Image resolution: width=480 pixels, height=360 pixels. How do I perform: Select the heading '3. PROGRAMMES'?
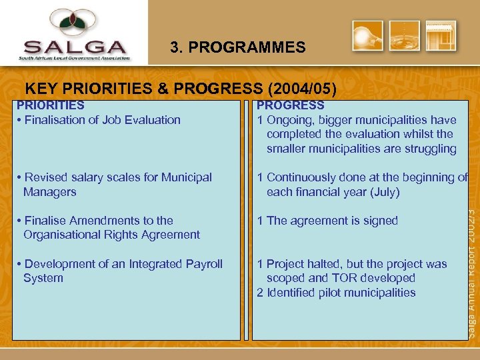coord(237,48)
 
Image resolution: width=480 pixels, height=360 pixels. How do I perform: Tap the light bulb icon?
coord(368,36)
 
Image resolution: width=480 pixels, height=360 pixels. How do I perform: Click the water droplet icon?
coord(405,36)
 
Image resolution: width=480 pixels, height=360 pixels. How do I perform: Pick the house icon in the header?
coord(441,36)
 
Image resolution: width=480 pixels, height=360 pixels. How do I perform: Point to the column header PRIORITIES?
coord(51,105)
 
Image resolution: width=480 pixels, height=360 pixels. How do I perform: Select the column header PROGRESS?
coord(291,105)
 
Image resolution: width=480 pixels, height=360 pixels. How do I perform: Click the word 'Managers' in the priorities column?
coord(50,192)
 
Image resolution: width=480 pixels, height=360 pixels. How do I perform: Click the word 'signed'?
coord(381,221)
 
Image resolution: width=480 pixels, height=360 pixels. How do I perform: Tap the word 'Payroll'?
coord(204,264)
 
